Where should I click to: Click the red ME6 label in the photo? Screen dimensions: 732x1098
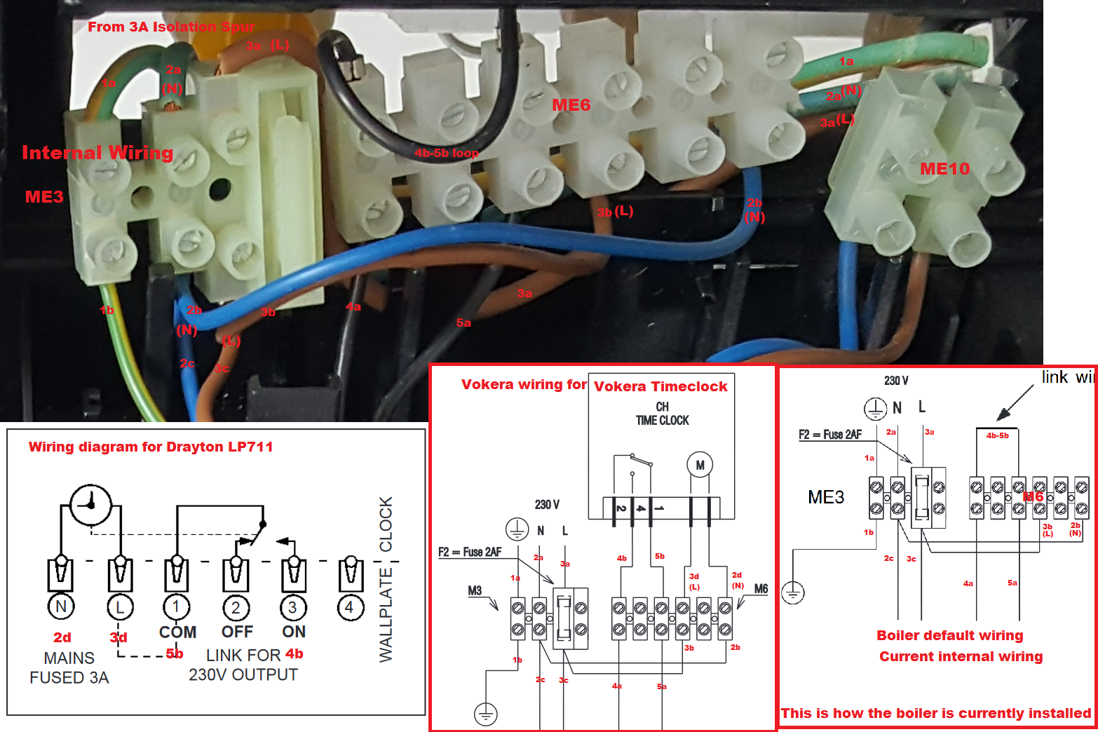(x=571, y=105)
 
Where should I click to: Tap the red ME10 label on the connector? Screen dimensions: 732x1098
(x=944, y=169)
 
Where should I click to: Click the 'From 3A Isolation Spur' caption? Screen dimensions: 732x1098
(x=171, y=27)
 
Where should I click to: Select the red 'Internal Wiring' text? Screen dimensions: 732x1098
(x=97, y=153)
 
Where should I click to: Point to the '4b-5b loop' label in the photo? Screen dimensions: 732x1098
(x=446, y=153)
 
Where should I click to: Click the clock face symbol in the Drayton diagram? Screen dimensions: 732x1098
(x=90, y=504)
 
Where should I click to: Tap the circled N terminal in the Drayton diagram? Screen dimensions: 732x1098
(x=61, y=606)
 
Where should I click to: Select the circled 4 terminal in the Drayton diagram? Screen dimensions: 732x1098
(x=349, y=606)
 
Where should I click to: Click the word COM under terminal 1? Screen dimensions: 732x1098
(x=177, y=632)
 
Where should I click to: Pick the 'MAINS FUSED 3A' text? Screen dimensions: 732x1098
(x=69, y=667)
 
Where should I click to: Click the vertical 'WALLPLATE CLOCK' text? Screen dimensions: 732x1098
(x=386, y=579)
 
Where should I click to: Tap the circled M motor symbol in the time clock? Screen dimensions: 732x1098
(x=699, y=465)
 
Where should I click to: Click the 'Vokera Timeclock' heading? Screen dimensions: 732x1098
(x=660, y=386)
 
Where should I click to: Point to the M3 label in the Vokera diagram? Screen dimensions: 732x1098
(x=475, y=590)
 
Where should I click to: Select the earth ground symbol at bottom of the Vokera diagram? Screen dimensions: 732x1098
(x=485, y=714)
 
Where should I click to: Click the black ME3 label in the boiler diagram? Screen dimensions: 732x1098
(x=826, y=497)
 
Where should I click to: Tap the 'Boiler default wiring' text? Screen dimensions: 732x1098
(x=949, y=635)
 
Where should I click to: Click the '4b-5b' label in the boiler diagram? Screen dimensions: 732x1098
(x=997, y=435)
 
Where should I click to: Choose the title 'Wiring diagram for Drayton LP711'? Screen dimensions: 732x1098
(x=151, y=447)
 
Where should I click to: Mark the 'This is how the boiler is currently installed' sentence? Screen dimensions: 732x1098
(x=936, y=713)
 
